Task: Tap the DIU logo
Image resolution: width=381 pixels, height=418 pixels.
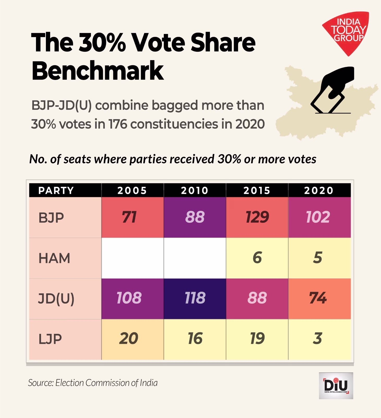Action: click(x=336, y=386)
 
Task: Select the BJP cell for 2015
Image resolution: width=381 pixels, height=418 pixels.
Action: click(x=257, y=217)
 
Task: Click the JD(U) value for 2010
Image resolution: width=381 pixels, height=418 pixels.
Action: click(x=195, y=298)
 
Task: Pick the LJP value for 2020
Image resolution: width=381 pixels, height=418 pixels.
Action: click(x=318, y=339)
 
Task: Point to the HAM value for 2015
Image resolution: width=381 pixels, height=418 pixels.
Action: click(x=257, y=258)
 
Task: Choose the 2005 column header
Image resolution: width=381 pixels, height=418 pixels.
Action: click(x=132, y=190)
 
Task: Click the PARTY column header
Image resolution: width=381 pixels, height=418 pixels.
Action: click(x=56, y=190)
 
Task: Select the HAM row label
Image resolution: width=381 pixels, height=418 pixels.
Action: click(x=54, y=258)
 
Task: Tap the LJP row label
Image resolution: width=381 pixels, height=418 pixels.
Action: click(x=50, y=339)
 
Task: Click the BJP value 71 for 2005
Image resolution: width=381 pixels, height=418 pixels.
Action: click(x=129, y=217)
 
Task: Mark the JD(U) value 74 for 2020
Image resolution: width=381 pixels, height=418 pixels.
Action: click(x=318, y=298)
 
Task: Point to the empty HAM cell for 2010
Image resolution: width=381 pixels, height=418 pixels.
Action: click(x=195, y=258)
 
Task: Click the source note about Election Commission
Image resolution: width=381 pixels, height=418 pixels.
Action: click(x=93, y=383)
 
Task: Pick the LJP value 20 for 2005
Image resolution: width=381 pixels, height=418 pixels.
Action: click(x=129, y=339)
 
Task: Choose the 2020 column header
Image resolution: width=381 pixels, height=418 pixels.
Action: click(x=319, y=190)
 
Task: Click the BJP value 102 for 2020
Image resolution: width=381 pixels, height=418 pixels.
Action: click(x=318, y=217)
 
